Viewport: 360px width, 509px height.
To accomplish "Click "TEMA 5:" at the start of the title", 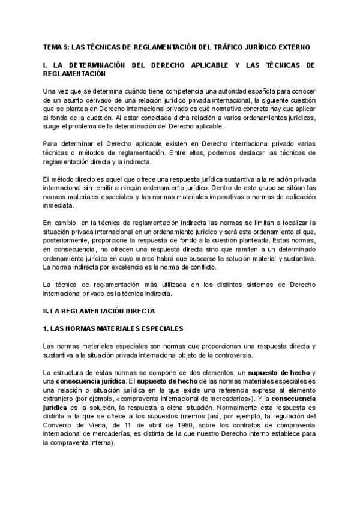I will [x=55, y=46].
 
